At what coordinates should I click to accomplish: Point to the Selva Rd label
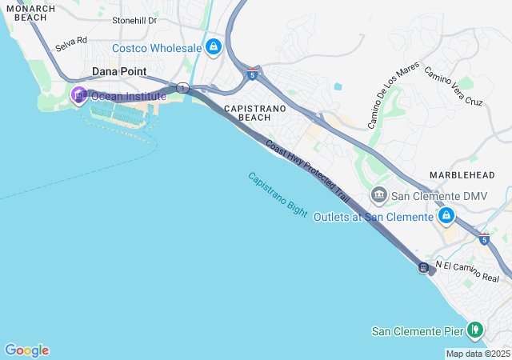71,44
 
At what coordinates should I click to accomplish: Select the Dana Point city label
118,71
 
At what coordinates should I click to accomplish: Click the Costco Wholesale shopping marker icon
213,48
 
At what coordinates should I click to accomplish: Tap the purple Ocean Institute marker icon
79,96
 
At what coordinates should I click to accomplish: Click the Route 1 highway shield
183,88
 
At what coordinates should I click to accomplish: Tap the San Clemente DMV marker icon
378,194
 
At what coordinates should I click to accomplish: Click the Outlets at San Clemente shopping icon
446,216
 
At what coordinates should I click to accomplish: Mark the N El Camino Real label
467,271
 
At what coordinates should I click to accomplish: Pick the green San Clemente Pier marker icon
475,330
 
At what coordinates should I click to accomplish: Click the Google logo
26,350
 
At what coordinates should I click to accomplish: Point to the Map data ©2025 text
478,354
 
